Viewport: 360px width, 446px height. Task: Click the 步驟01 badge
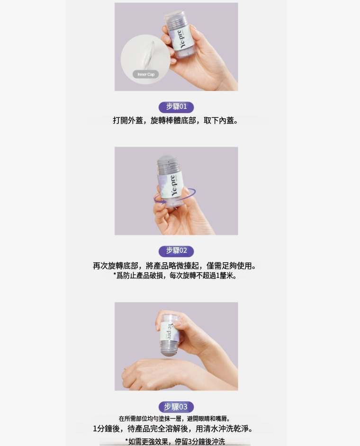(x=176, y=107)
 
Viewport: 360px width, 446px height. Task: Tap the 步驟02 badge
(x=176, y=251)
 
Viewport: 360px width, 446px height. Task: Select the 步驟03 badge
(x=176, y=407)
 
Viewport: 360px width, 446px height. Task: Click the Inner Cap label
(x=146, y=74)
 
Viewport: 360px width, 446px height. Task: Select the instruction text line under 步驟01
(x=175, y=121)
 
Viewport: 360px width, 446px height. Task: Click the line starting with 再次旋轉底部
(x=174, y=266)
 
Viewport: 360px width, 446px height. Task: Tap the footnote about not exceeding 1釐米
(x=175, y=276)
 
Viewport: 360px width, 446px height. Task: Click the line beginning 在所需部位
(x=174, y=419)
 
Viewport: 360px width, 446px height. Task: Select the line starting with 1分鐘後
(x=173, y=428)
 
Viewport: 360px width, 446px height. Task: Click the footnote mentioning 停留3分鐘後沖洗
(x=175, y=441)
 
